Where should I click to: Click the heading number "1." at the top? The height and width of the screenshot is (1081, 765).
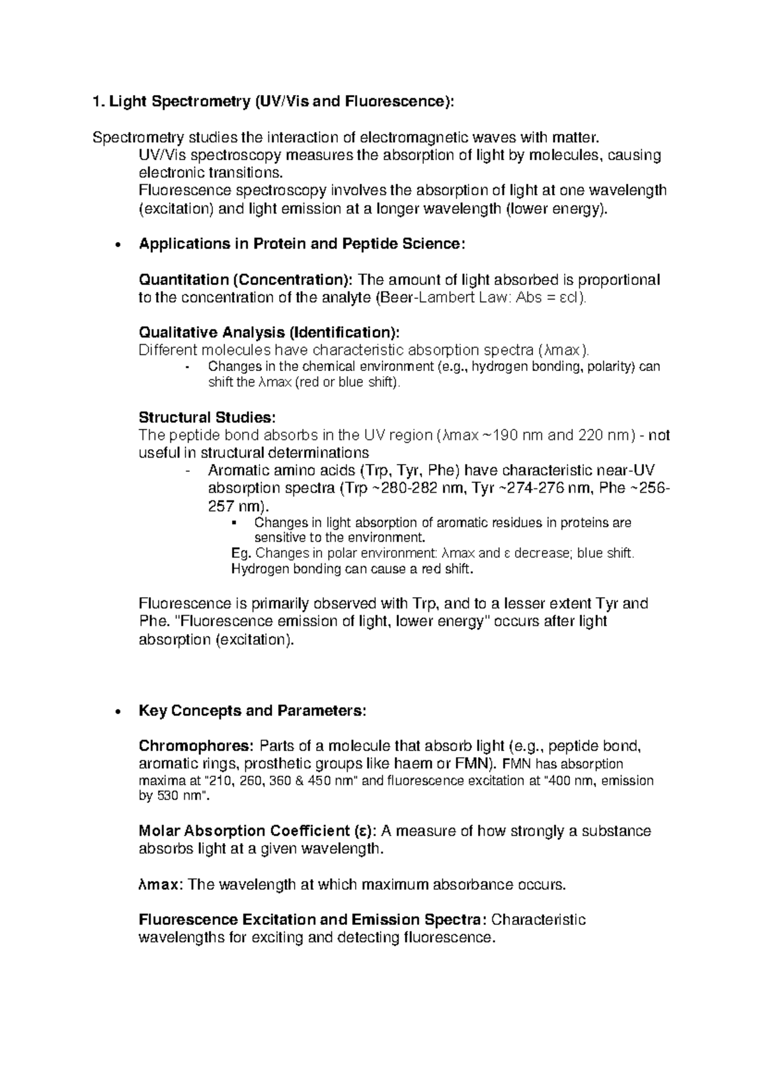pos(98,101)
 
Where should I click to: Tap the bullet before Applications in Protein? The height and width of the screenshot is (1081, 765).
pos(116,245)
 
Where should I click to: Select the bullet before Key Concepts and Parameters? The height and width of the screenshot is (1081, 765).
pos(116,711)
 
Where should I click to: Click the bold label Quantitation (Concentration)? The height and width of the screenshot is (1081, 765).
pos(245,280)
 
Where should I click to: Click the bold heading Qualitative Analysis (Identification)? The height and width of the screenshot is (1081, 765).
pos(270,332)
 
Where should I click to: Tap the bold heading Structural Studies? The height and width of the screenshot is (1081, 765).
pos(207,417)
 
